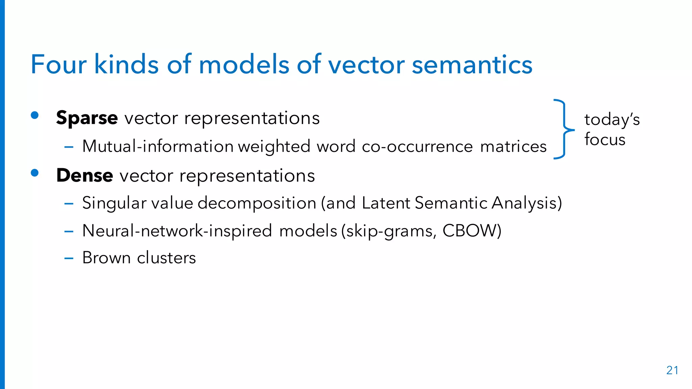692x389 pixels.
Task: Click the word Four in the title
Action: [x=58, y=64]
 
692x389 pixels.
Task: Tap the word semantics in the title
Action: [x=472, y=64]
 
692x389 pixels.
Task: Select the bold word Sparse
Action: [x=87, y=118]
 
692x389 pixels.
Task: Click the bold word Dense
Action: [x=84, y=176]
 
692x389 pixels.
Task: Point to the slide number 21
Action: [x=672, y=370]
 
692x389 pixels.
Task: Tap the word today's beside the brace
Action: [x=612, y=120]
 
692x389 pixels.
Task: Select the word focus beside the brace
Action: [x=605, y=139]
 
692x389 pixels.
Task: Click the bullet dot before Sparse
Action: [x=34, y=115]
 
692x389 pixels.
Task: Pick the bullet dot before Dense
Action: [x=34, y=173]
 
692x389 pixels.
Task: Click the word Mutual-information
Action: [x=158, y=147]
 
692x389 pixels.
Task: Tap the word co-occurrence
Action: [x=417, y=147]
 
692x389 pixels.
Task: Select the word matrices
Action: [x=513, y=147]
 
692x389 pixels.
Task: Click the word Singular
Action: [x=114, y=203]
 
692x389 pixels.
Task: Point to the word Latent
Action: [x=386, y=203]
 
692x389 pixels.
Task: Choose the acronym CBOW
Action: [x=472, y=231]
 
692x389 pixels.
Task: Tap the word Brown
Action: [x=106, y=258]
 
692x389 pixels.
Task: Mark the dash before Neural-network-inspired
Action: [x=69, y=232]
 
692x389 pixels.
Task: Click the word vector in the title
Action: [x=366, y=64]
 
